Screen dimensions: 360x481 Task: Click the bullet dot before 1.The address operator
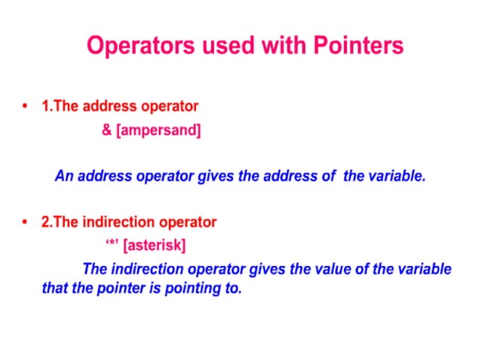tap(26, 107)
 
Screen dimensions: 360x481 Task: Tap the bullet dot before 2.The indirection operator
tap(26, 223)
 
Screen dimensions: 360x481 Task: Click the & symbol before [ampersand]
tap(106, 130)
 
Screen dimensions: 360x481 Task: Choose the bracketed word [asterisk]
tap(155, 246)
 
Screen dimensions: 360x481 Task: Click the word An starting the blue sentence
tap(63, 177)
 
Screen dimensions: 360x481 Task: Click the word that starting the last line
tap(55, 288)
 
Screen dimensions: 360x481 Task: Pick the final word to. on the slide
tap(232, 288)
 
